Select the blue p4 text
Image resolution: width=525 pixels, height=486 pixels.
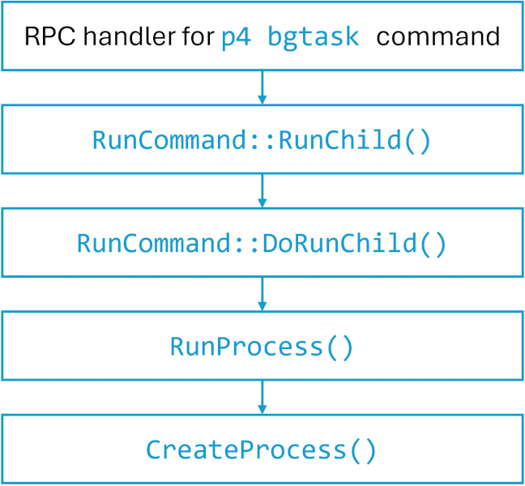236,37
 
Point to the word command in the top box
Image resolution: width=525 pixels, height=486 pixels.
437,37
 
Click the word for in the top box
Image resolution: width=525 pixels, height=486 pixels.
194,37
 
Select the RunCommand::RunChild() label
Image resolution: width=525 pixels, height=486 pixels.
262,140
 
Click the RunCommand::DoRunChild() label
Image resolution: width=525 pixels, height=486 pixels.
262,243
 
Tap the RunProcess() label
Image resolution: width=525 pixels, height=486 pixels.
262,347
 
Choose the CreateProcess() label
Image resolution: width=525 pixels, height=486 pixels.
262,450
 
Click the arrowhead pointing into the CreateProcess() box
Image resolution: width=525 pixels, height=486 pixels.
262,408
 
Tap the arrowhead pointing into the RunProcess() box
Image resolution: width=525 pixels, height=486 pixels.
262,305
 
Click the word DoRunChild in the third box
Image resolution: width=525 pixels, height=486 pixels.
339,243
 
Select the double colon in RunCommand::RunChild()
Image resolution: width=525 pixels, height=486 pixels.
263,140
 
